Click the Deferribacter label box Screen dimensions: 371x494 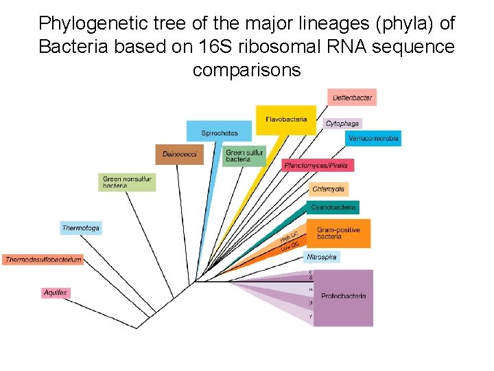(x=352, y=98)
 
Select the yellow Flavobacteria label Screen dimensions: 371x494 (x=286, y=120)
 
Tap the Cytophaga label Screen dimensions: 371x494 (x=342, y=124)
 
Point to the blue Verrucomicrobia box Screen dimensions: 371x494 (x=373, y=138)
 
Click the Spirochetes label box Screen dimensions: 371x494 (x=219, y=132)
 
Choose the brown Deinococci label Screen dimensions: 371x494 (x=179, y=155)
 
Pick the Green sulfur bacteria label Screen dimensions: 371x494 (x=244, y=156)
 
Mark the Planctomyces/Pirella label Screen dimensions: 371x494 (x=318, y=166)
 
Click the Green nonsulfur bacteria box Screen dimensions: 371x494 (x=126, y=182)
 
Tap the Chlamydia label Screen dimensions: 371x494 (x=328, y=189)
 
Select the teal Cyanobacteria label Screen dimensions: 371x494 (x=333, y=207)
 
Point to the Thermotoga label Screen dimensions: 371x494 (x=81, y=227)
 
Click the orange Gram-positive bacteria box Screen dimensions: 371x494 (x=338, y=233)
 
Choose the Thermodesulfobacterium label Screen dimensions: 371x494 (x=43, y=259)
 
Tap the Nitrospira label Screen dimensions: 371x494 (x=321, y=257)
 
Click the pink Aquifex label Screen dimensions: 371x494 (x=56, y=293)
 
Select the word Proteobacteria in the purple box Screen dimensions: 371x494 (x=343, y=296)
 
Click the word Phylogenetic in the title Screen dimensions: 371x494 (x=82, y=23)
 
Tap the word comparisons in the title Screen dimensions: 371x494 (x=247, y=70)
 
